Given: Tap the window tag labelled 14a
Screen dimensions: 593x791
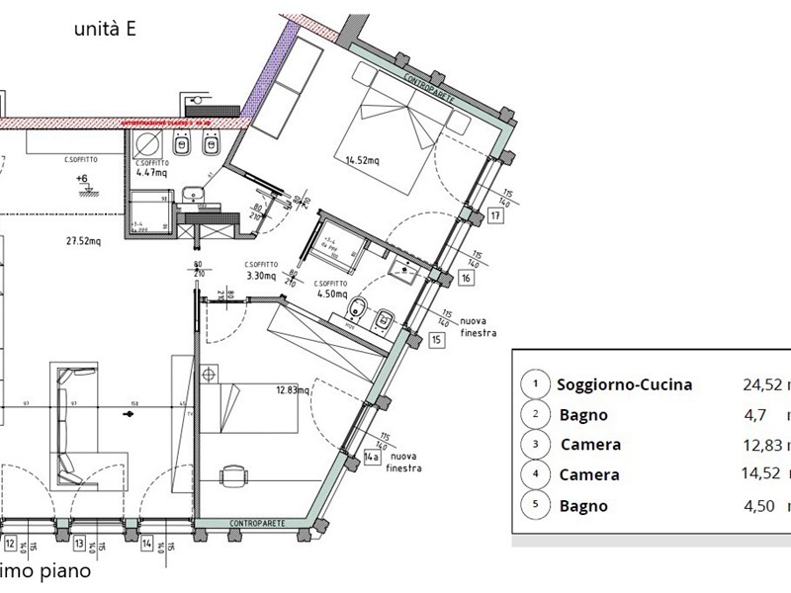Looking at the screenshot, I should pos(373,457).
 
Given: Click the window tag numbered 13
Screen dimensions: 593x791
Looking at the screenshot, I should pos(78,543).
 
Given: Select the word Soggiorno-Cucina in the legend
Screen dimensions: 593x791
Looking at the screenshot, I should pos(624,384).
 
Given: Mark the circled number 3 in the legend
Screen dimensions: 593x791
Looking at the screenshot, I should pos(535,445).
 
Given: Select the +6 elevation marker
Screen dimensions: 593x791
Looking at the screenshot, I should pos(81,179).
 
